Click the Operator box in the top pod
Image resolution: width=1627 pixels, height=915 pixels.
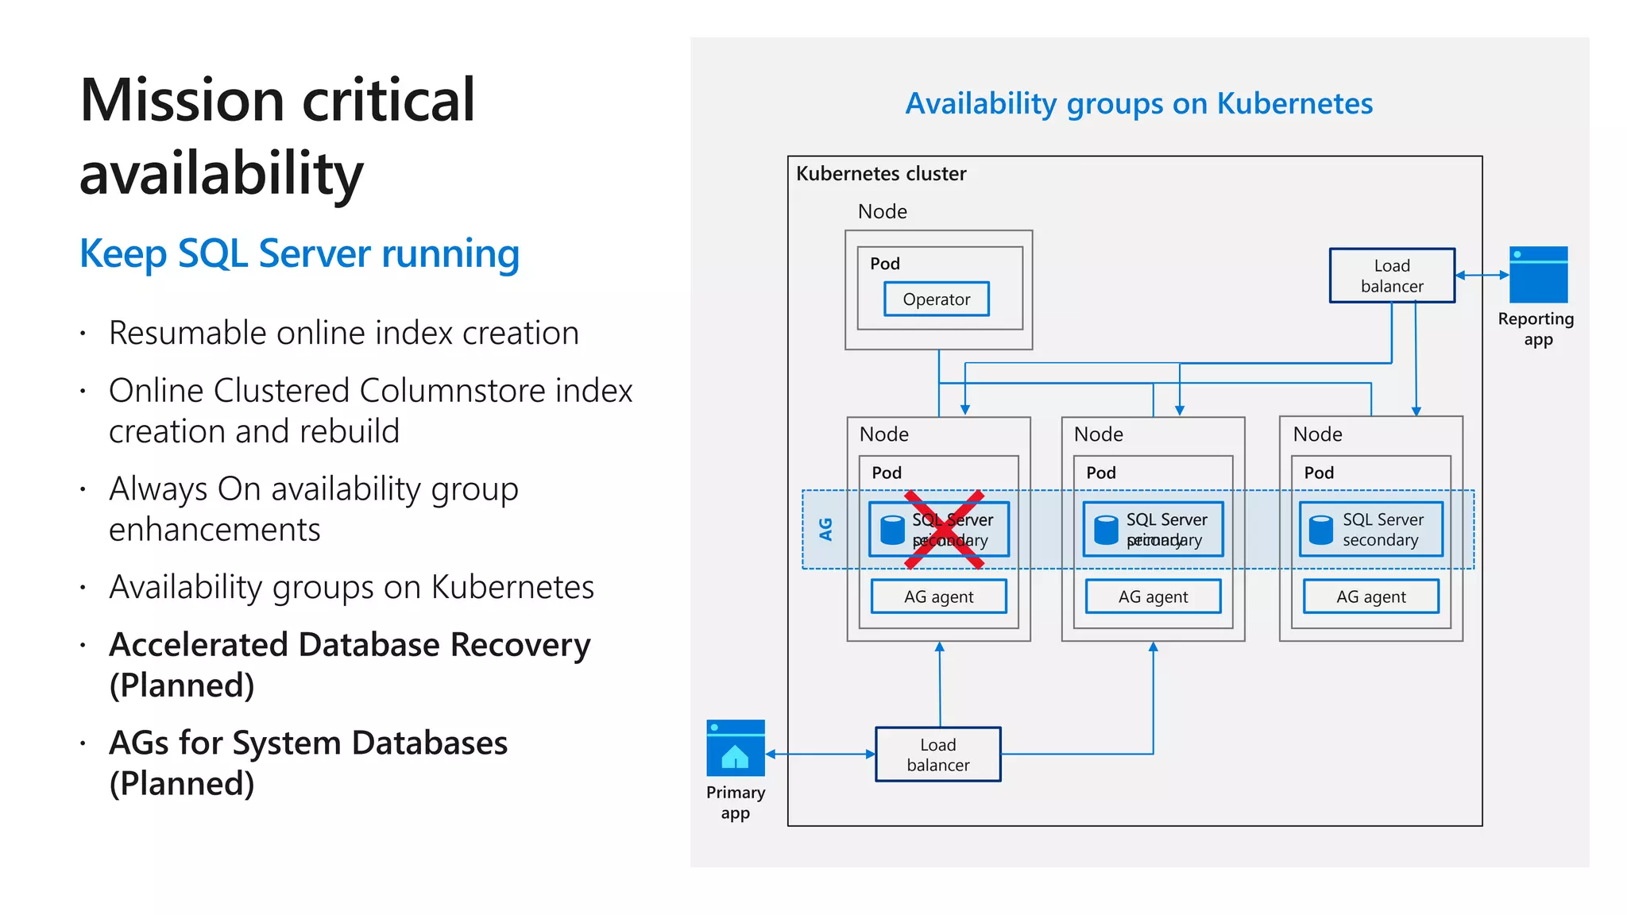(936, 299)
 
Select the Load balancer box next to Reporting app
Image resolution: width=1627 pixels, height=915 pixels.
(1391, 276)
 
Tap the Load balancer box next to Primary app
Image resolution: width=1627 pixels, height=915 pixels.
(937, 755)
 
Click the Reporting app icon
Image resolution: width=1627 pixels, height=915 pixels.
(1538, 275)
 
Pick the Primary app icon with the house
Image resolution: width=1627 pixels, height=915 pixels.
(735, 748)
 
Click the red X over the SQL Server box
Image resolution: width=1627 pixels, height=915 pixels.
(944, 530)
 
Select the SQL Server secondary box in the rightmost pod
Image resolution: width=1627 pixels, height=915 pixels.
(1370, 530)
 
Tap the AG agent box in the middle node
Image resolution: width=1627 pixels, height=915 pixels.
(1153, 596)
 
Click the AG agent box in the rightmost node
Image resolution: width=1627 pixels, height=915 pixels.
(1370, 596)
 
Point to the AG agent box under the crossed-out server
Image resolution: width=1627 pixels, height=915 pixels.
(938, 596)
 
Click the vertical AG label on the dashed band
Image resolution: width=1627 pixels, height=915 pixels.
(825, 529)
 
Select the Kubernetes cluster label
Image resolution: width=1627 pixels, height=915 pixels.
(881, 174)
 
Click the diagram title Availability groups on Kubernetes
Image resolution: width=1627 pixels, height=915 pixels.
(1138, 104)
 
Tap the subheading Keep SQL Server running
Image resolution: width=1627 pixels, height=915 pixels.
(300, 254)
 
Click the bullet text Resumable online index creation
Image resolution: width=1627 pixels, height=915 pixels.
(343, 333)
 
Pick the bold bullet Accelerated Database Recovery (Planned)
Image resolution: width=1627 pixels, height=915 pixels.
(350, 664)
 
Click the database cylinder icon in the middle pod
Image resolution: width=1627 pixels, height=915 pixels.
(1106, 530)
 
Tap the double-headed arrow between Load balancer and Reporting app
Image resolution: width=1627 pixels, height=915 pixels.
(1482, 275)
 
